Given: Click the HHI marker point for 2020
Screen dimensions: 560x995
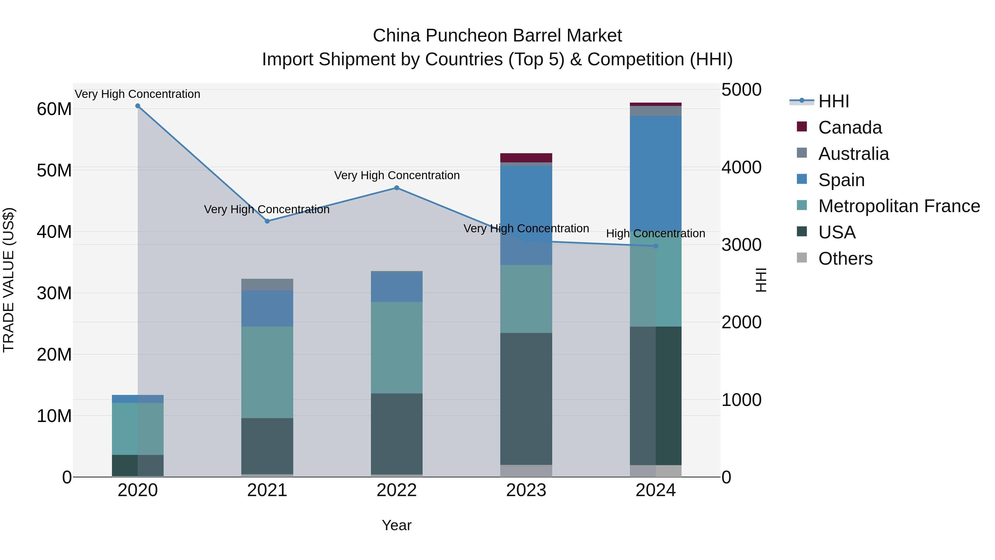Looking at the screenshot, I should pyautogui.click(x=138, y=106).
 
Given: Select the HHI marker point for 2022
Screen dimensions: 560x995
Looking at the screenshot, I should pyautogui.click(x=396, y=188).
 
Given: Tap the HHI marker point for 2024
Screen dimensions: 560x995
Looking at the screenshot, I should pyautogui.click(x=656, y=246).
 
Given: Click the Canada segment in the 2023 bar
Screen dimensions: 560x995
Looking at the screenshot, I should pyautogui.click(x=526, y=158).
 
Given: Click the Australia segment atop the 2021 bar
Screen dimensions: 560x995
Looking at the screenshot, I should pyautogui.click(x=267, y=285).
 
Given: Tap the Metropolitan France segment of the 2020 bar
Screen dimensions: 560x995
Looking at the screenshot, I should pyautogui.click(x=138, y=429).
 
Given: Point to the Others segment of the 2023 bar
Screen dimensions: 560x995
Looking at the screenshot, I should pyautogui.click(x=526, y=471).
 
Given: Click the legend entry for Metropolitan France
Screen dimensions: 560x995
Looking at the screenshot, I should pyautogui.click(x=899, y=206).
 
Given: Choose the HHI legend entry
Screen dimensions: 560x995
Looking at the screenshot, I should pyautogui.click(x=834, y=101).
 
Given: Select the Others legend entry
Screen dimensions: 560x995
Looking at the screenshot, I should pyautogui.click(x=845, y=259).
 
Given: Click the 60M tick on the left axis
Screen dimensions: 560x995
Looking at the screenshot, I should pyautogui.click(x=54, y=109).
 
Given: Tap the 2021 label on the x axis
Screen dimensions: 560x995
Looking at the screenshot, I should pyautogui.click(x=267, y=490).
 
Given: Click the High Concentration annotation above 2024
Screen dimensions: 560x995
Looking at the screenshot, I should pyautogui.click(x=656, y=233).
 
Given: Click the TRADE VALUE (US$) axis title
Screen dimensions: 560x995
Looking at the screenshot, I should pyautogui.click(x=9, y=280).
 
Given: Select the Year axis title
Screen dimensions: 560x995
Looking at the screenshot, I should pyautogui.click(x=396, y=525).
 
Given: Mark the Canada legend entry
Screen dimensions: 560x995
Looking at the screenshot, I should pyautogui.click(x=850, y=127).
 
